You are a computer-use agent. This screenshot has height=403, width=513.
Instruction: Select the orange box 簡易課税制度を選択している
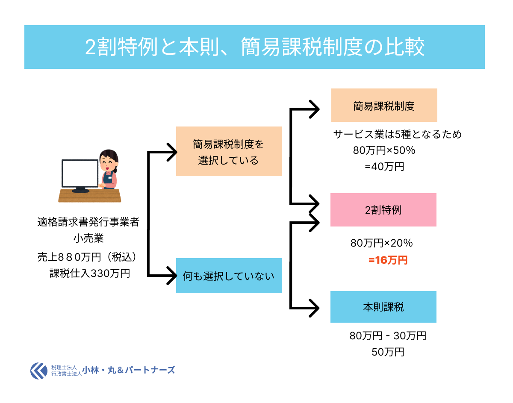(x=229, y=151)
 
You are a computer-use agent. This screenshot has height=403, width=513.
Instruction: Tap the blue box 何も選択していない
(x=229, y=276)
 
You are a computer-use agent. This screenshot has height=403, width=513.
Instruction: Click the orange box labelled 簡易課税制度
(x=384, y=106)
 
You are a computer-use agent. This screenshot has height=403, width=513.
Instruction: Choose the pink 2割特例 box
(x=383, y=210)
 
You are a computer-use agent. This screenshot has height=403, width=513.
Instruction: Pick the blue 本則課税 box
(x=383, y=307)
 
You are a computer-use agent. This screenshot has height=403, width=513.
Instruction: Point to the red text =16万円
(x=388, y=260)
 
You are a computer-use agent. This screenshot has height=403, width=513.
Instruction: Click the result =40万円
(x=384, y=166)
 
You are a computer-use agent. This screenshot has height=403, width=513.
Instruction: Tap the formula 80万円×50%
(x=384, y=150)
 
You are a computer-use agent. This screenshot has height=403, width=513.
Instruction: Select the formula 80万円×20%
(x=381, y=243)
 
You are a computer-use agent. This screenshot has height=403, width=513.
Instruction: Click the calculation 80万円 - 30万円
(x=388, y=336)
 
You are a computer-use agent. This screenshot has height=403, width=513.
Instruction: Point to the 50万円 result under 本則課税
(x=388, y=352)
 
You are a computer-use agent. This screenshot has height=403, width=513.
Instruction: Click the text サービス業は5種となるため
(x=398, y=135)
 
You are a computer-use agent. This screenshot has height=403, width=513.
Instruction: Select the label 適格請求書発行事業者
(x=88, y=222)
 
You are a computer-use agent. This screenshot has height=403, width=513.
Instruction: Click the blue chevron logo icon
(x=39, y=371)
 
